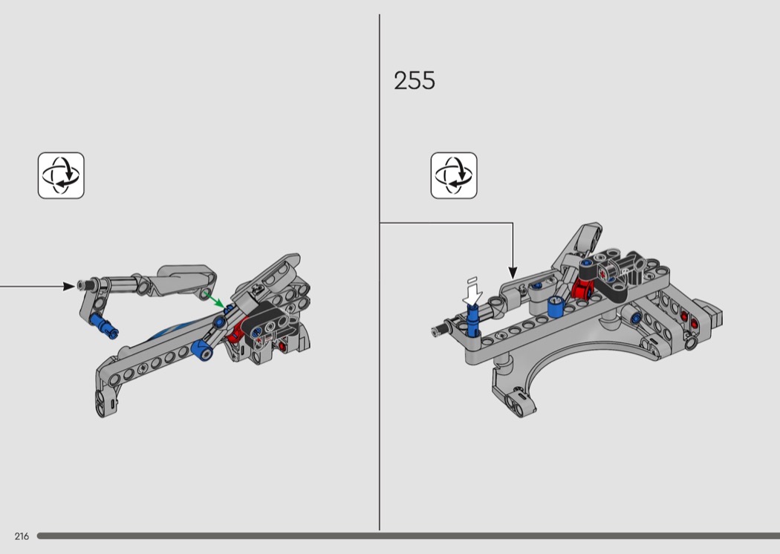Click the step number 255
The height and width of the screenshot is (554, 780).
[x=415, y=81]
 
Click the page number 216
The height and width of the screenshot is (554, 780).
[x=22, y=536]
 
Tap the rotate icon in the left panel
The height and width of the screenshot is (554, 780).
[x=61, y=176]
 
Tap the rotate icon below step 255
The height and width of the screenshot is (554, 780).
[x=454, y=176]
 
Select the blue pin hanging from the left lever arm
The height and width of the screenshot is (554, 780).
[x=103, y=325]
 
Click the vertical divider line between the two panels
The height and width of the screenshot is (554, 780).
[x=380, y=371]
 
